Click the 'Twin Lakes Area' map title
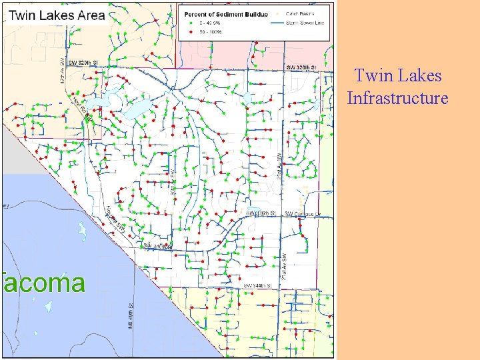[x=55, y=15]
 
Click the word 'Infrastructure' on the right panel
[x=397, y=99]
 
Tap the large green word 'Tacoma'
[x=44, y=283]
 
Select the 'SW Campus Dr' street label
[x=303, y=214]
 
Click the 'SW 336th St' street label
[x=261, y=213]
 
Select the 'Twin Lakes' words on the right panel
[x=398, y=76]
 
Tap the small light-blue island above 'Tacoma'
[x=81, y=232]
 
